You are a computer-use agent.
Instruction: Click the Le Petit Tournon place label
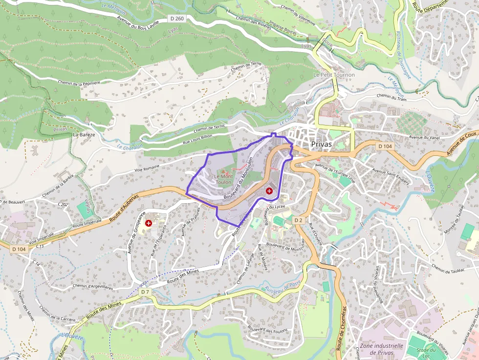[334, 75]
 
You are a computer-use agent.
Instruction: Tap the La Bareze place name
[83, 134]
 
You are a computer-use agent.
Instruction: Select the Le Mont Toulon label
[223, 179]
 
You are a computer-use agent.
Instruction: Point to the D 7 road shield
[145, 292]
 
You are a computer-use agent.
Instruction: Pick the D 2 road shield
[299, 220]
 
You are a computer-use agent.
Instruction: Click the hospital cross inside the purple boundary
[269, 191]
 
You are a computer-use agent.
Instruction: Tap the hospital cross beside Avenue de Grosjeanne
[149, 223]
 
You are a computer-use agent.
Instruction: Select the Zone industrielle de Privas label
[381, 349]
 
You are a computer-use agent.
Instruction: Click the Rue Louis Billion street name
[197, 139]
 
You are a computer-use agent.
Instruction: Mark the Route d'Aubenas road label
[124, 207]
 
